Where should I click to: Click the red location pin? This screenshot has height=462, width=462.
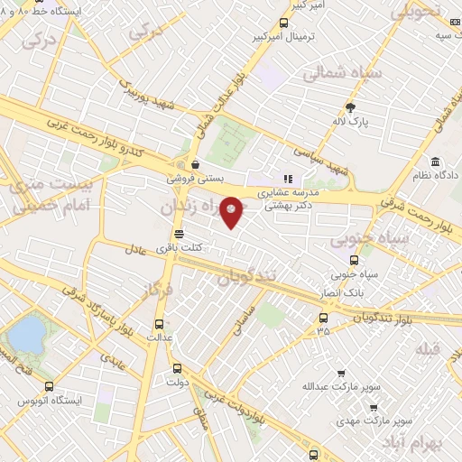[233, 210]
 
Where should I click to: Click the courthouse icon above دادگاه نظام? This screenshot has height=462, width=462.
[436, 162]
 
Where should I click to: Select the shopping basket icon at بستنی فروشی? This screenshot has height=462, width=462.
[196, 165]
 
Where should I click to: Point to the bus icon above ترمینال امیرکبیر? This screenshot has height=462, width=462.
[285, 23]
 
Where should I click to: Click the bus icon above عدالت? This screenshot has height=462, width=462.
[160, 323]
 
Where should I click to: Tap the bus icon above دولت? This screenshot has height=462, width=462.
[176, 368]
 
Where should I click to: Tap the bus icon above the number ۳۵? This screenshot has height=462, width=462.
[323, 317]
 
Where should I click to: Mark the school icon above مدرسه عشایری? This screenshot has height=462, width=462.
[289, 179]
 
